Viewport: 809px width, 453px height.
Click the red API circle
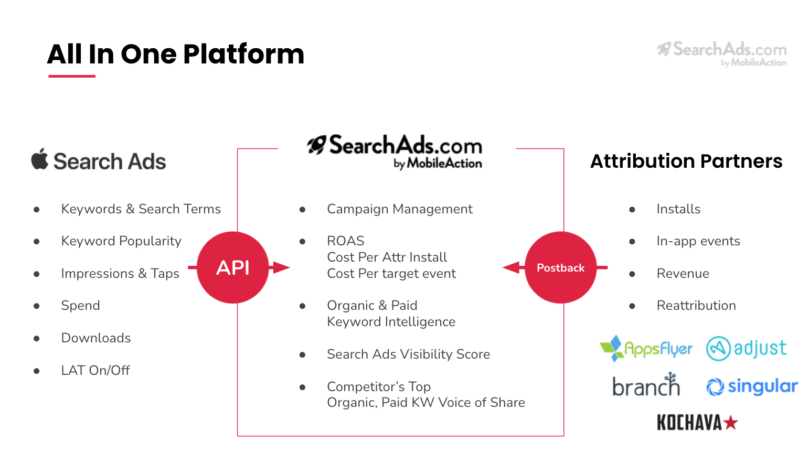[233, 267]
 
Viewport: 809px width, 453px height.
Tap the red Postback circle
[560, 267]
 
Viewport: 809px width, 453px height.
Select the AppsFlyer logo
[646, 348]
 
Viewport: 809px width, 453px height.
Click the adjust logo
[746, 348]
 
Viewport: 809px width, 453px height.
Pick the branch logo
[646, 384]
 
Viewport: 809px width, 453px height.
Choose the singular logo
[752, 386]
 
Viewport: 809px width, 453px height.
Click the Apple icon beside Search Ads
[40, 159]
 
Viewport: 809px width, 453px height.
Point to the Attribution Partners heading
[686, 161]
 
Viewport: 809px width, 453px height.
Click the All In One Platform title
[176, 54]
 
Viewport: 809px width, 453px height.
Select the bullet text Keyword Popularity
[121, 241]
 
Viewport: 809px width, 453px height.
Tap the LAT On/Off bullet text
[95, 370]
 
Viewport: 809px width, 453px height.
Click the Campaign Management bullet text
[400, 209]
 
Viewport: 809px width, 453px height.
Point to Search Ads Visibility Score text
[409, 354]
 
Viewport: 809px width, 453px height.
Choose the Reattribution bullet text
[696, 305]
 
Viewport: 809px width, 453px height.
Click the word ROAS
[346, 241]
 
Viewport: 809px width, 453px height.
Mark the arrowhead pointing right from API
[282, 267]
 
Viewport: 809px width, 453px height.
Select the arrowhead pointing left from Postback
[510, 267]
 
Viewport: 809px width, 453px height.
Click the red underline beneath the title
[72, 76]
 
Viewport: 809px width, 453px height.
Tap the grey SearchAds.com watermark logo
[721, 54]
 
